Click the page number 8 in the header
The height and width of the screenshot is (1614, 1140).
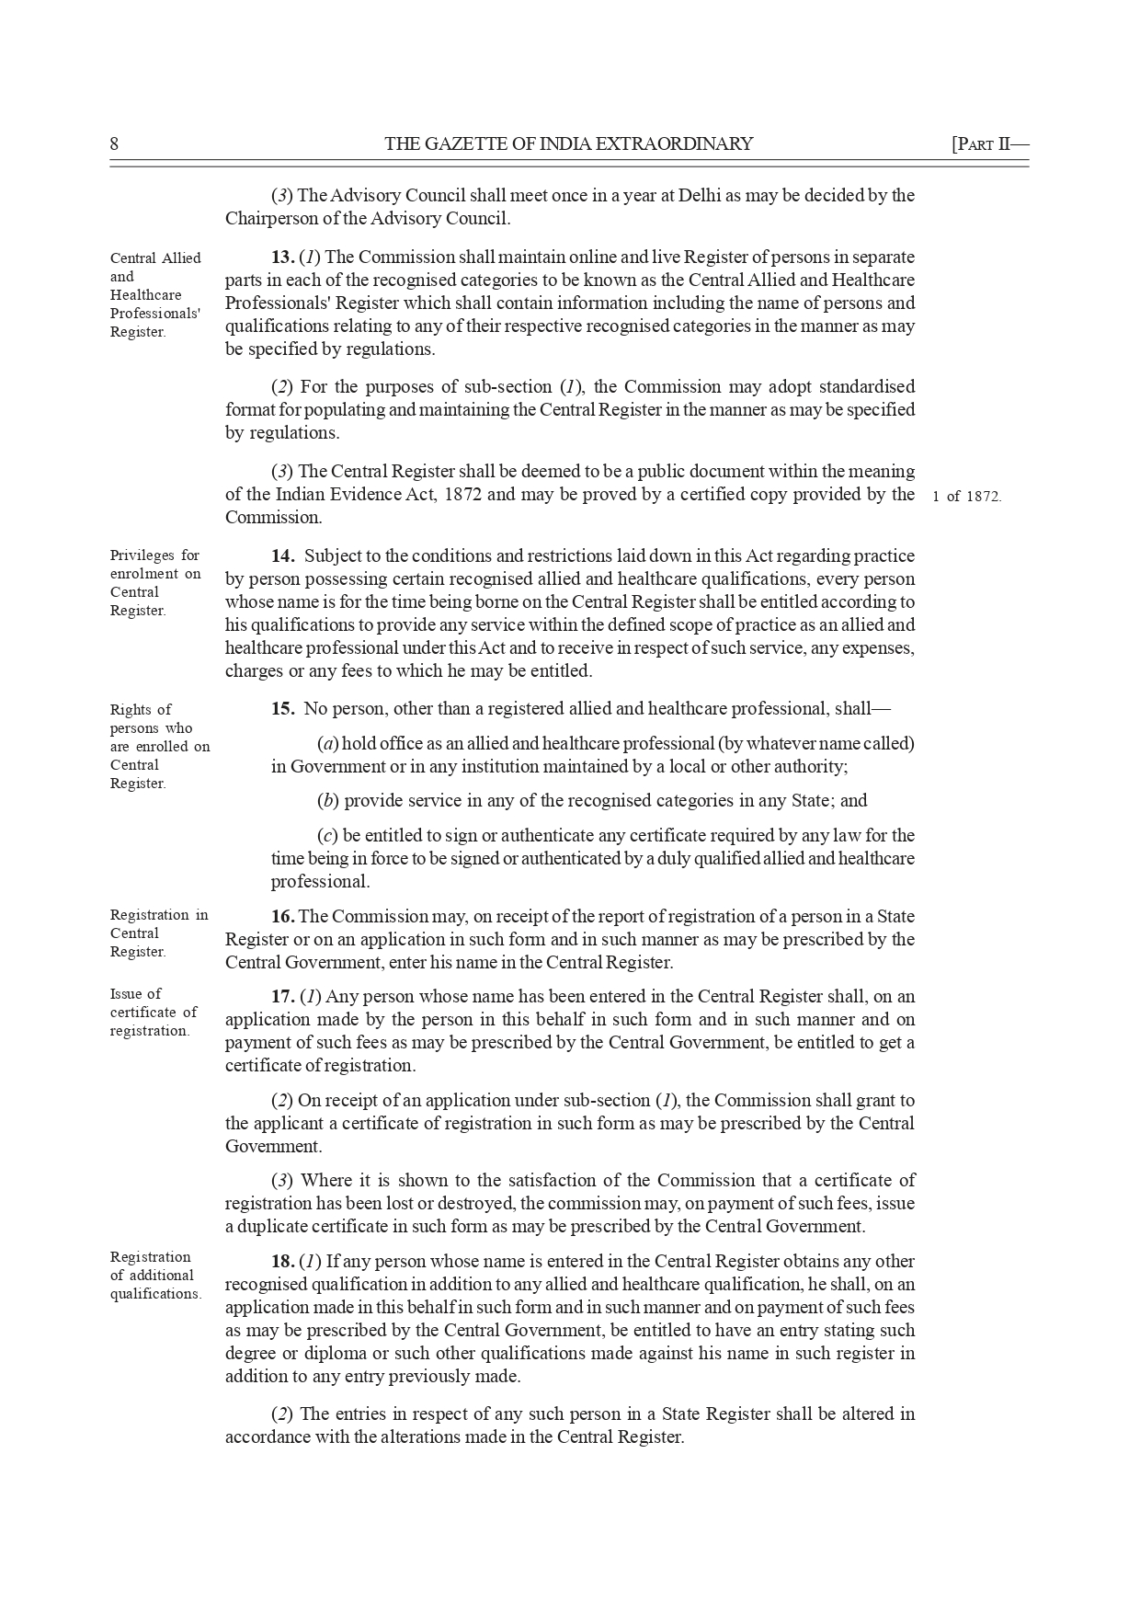click(115, 143)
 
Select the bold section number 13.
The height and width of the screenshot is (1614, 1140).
click(282, 257)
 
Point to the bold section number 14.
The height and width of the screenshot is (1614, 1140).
click(282, 555)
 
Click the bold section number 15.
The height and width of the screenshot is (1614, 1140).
click(282, 709)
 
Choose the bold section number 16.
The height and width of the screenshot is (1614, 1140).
click(282, 916)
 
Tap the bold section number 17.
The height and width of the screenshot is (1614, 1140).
click(282, 996)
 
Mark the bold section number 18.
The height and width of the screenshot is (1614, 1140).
click(282, 1261)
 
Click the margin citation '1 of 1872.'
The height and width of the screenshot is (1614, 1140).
click(967, 497)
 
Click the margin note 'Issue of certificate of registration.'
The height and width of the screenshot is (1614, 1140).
click(153, 1012)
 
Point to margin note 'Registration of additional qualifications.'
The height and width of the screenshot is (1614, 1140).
click(154, 1276)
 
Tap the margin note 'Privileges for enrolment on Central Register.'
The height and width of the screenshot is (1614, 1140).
click(154, 583)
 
